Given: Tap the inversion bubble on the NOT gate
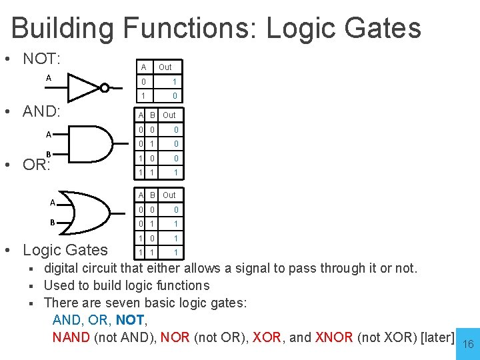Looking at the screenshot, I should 105,87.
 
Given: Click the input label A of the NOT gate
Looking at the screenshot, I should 48,78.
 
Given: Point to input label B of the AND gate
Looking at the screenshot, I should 48,155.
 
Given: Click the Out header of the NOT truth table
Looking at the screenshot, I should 165,67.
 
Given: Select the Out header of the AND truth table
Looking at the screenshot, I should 169,115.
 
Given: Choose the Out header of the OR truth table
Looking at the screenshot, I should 169,195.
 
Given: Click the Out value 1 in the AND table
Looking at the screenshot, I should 176,173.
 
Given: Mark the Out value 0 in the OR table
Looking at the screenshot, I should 176,210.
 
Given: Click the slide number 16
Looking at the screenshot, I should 468,344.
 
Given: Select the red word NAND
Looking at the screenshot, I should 71,337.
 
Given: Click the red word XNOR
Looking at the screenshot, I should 334,337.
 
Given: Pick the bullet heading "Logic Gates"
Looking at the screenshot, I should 65,250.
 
